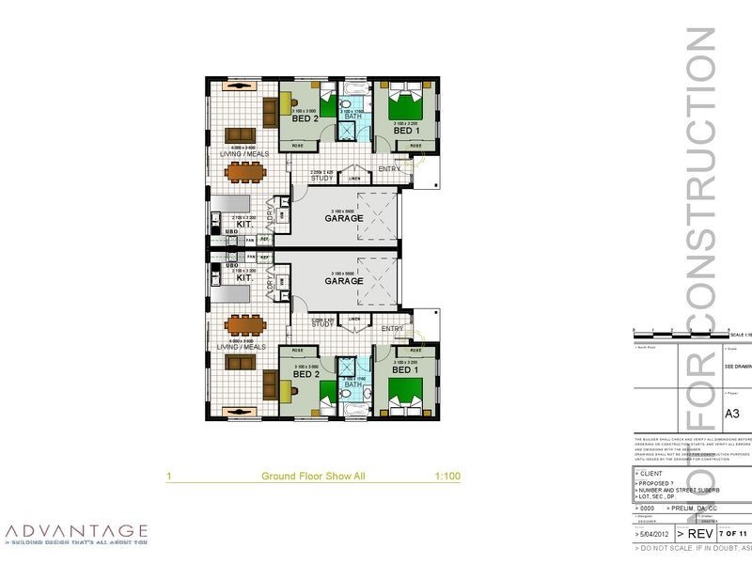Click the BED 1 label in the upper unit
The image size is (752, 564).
[x=405, y=131]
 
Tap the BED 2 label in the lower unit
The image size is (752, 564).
[x=306, y=374]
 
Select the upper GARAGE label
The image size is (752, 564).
[x=343, y=219]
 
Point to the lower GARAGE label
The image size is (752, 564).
[x=343, y=281]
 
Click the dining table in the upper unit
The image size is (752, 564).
[x=245, y=171]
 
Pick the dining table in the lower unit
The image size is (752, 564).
[x=245, y=326]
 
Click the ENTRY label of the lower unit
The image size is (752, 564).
[x=392, y=328]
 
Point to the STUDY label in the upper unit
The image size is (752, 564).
[x=323, y=177]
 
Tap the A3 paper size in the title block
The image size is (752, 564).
[x=733, y=413]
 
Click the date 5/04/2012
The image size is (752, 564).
[x=653, y=533]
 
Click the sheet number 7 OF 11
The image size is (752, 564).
[x=732, y=533]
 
